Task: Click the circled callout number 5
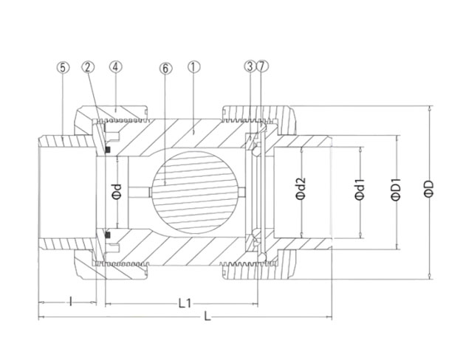coord(63,66)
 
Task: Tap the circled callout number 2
coord(88,66)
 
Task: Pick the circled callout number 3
coord(250,66)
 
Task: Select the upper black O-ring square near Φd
coord(109,153)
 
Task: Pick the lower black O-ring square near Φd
coord(109,235)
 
